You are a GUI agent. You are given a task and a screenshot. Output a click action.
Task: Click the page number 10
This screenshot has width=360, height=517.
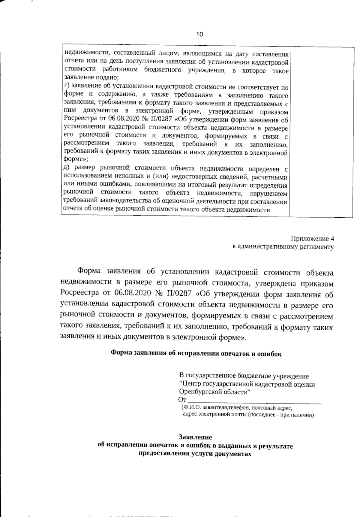click(199, 34)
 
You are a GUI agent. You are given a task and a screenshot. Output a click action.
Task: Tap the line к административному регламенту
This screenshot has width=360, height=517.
click(283, 247)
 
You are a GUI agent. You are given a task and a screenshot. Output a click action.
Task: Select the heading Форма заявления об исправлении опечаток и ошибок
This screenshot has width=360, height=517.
click(196, 353)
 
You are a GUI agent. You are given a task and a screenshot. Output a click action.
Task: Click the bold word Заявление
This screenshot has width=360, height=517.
click(195, 437)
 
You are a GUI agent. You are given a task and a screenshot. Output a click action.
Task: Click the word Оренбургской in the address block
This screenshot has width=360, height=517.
click(197, 392)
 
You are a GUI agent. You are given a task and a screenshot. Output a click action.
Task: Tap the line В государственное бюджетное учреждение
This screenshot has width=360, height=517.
click(244, 376)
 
